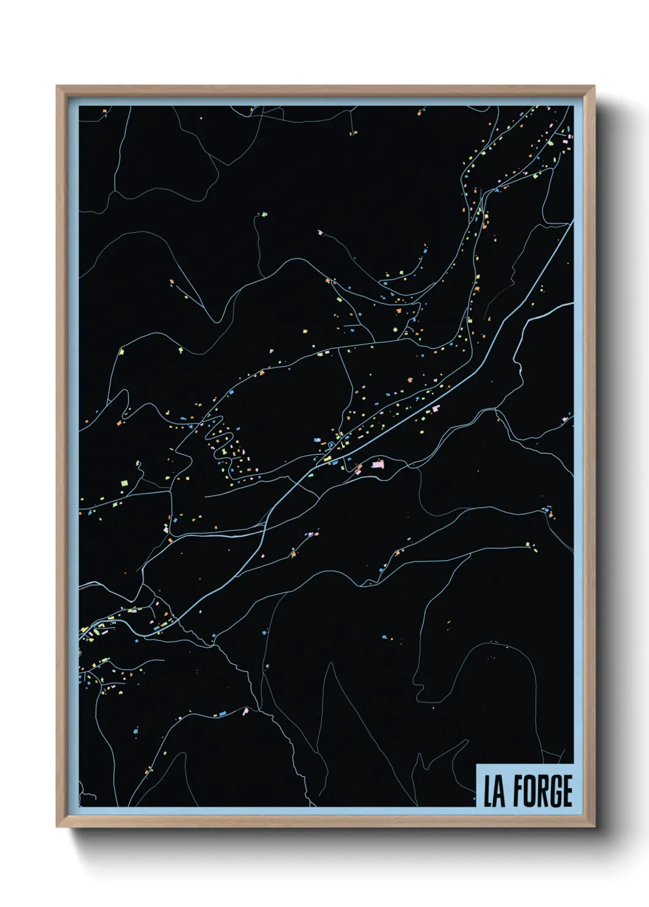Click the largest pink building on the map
coord(377,465)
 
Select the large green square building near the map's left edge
coord(125,484)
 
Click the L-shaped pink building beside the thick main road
coord(436,408)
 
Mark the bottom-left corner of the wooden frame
coord(57,826)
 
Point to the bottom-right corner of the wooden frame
coord(594,826)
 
